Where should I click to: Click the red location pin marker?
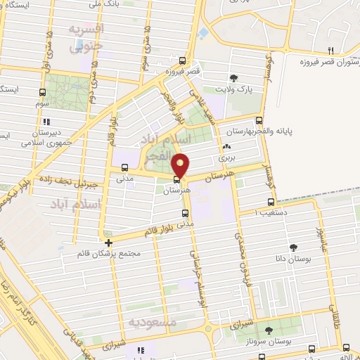181,165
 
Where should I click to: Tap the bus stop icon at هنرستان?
176,179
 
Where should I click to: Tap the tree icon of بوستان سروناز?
268,329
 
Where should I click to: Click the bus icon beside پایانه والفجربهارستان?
259,120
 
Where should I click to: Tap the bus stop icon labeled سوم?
44,91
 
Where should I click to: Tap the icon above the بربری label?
226,148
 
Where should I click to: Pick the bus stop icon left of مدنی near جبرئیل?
124,167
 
